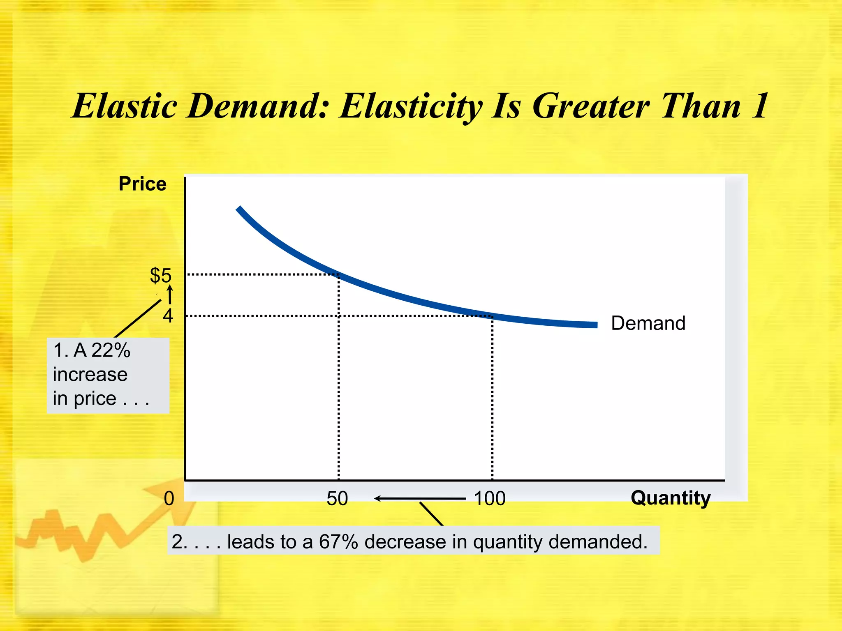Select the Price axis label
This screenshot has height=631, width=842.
[142, 184]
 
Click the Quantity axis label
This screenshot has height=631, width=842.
[670, 498]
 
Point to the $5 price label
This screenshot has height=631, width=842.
[160, 275]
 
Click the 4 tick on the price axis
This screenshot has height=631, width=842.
[168, 316]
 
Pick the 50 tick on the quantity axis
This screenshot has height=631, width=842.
[337, 498]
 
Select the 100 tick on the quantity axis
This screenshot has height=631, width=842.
[489, 498]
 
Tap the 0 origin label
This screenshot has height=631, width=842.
[169, 498]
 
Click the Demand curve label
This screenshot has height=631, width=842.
[648, 323]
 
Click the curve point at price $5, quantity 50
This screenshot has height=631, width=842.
[339, 274]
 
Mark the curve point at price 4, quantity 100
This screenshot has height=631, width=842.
[492, 316]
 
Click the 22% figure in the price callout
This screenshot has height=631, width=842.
[111, 350]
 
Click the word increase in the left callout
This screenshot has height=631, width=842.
[90, 374]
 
